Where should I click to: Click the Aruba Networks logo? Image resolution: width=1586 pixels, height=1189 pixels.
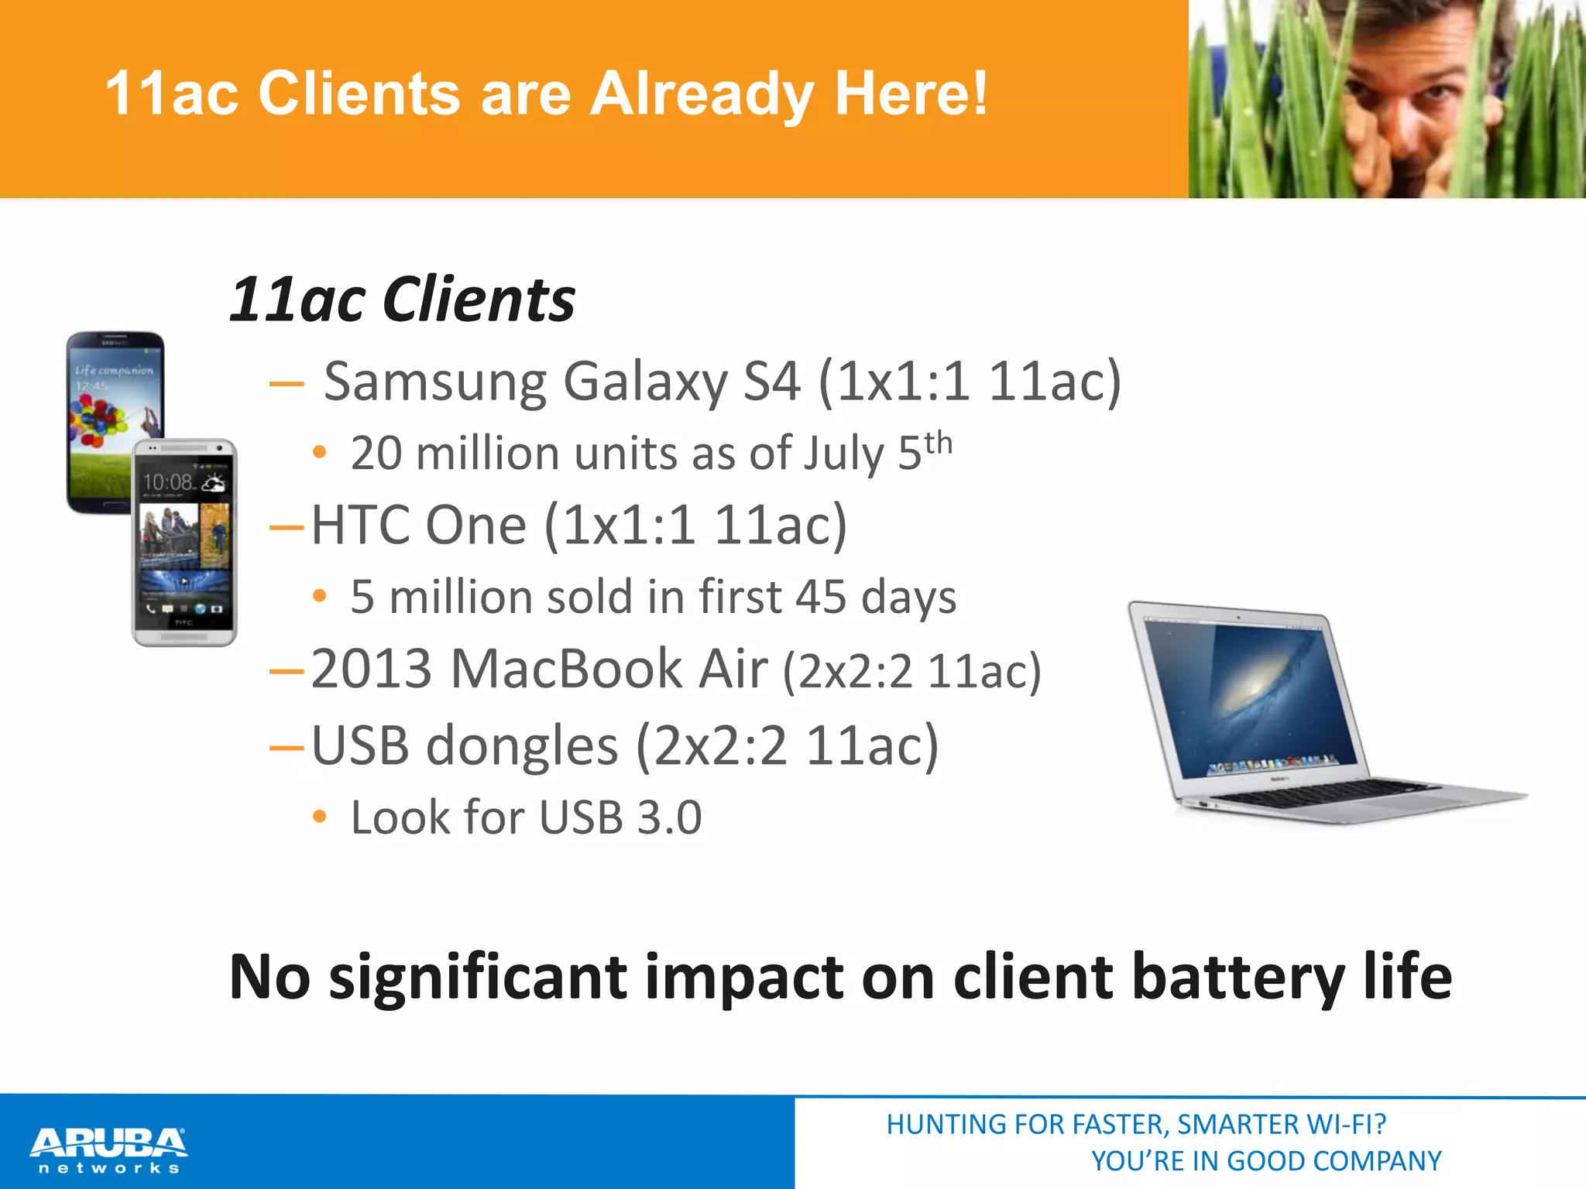(108, 1150)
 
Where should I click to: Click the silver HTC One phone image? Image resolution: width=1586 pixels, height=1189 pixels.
(184, 542)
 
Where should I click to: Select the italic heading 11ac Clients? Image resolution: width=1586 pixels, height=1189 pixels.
(403, 300)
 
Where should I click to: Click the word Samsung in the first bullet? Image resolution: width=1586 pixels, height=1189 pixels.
(436, 382)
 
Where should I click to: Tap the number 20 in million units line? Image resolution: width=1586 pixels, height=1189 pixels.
(376, 454)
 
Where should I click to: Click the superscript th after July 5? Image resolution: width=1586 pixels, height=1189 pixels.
(938, 444)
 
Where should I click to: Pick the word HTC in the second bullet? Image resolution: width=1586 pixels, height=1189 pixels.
(361, 526)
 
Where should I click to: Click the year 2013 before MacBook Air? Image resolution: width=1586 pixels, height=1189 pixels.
(371, 670)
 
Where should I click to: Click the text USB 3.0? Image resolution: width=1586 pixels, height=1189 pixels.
(620, 818)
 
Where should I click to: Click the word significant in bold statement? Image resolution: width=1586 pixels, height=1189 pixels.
(478, 978)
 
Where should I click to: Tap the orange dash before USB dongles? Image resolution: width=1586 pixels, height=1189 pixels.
(287, 748)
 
